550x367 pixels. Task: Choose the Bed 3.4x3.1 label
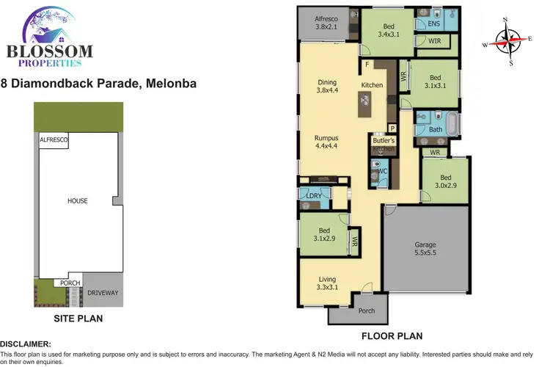(387, 30)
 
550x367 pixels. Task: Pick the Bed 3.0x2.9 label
(445, 182)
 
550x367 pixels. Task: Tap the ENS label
(422, 24)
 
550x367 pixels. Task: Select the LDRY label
(314, 196)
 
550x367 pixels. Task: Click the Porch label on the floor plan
(366, 311)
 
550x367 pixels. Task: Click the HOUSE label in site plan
(77, 201)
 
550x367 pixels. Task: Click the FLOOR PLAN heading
(392, 336)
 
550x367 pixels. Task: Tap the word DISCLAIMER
(26, 344)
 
